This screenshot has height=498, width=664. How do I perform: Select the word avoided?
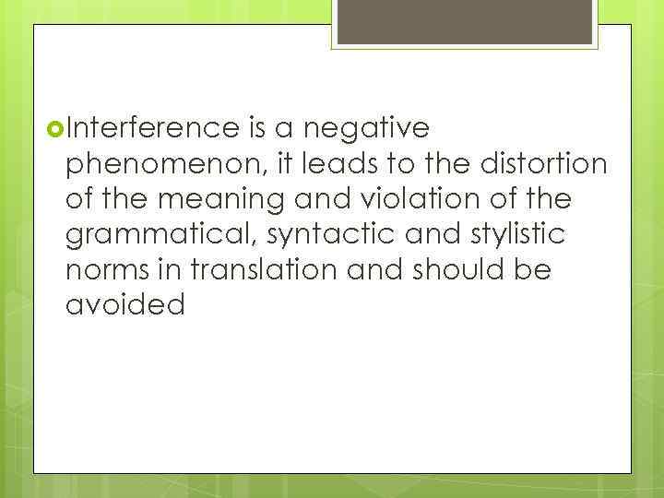coord(125,305)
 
